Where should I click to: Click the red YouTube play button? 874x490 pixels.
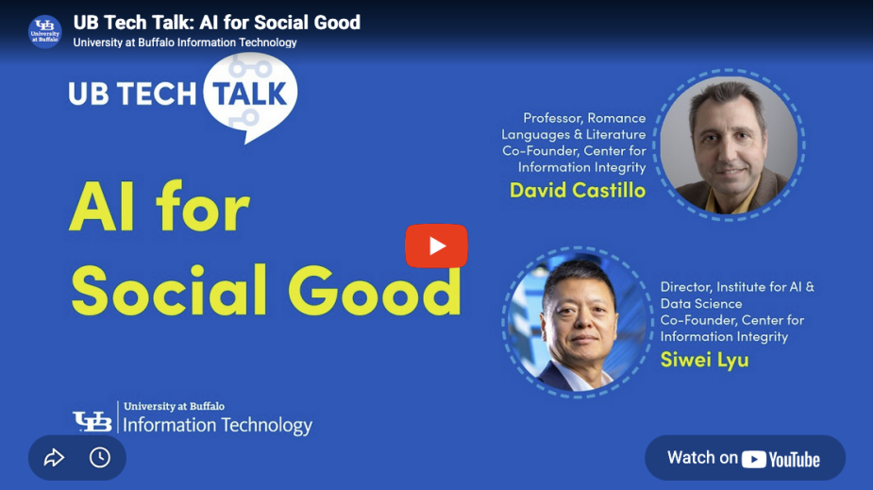[x=436, y=245]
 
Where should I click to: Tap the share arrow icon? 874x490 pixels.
[x=54, y=458]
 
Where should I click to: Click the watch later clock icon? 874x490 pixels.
[x=100, y=458]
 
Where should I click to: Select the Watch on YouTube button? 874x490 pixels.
[x=744, y=458]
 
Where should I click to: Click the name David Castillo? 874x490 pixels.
[x=577, y=190]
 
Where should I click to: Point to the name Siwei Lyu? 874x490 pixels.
[x=704, y=359]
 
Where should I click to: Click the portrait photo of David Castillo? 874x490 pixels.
[x=728, y=144]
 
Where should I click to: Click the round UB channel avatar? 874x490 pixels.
[x=44, y=31]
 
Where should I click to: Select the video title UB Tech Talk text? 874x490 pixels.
[x=216, y=23]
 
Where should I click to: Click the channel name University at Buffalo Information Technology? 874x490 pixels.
[x=185, y=42]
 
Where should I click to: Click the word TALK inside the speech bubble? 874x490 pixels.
[x=248, y=93]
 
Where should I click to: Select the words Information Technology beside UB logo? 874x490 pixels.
[x=217, y=426]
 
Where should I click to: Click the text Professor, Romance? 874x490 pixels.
[x=584, y=118]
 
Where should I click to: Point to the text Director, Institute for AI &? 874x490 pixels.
[x=736, y=286]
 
